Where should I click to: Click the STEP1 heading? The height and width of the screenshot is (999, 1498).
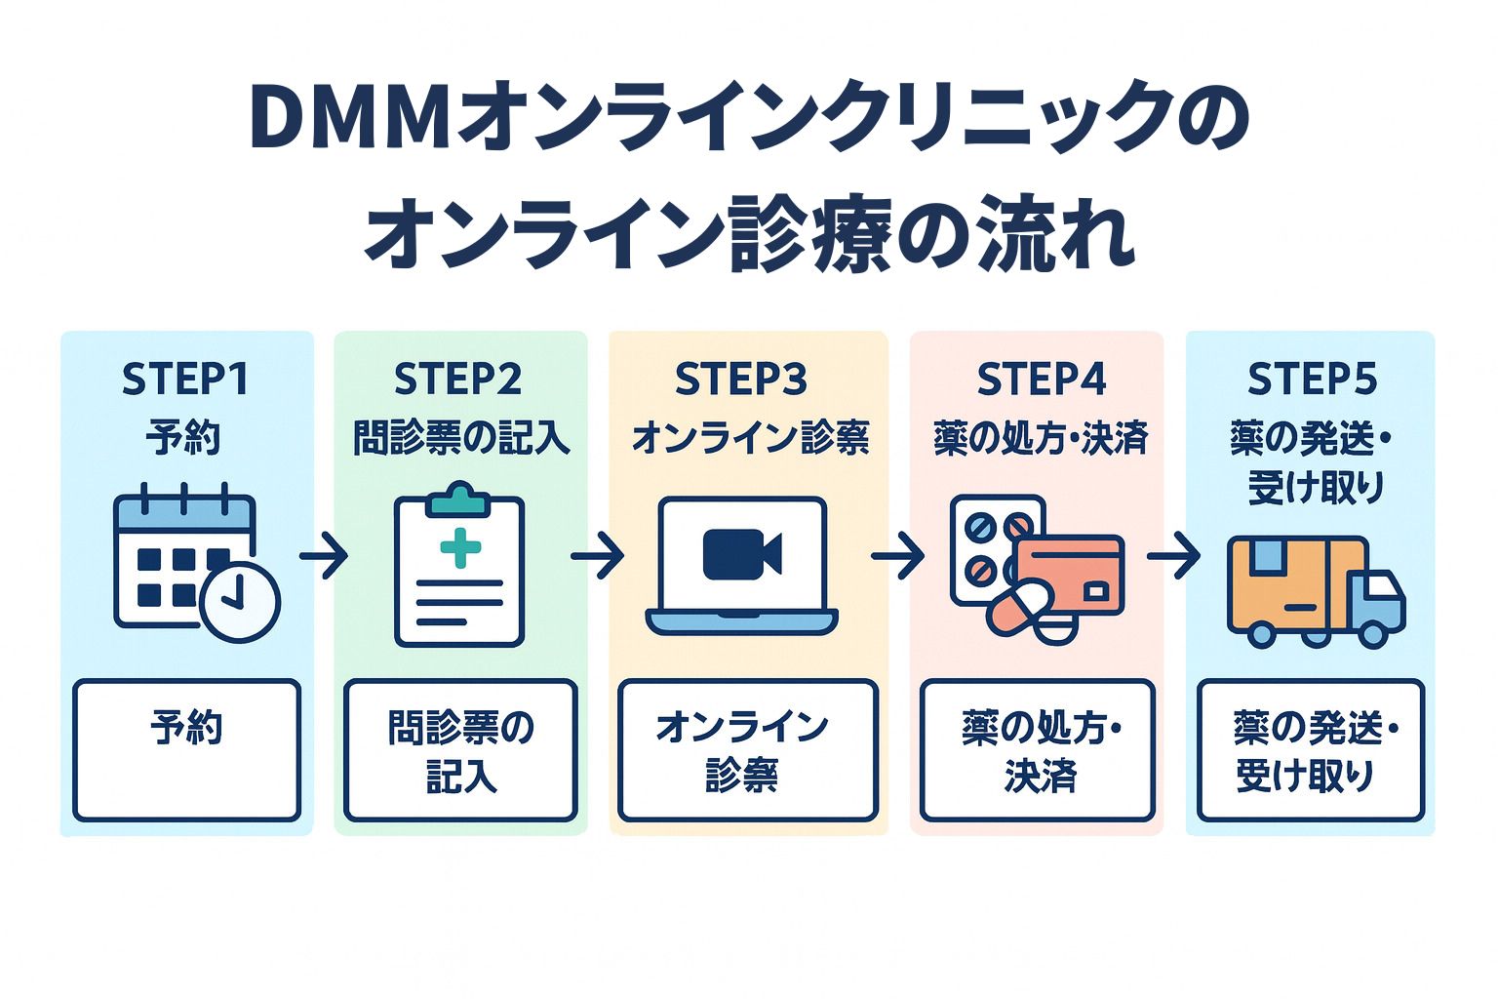coord(185,380)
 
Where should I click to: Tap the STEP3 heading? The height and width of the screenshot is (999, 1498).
coord(741,380)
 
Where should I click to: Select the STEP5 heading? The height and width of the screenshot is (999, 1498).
coord(1312,380)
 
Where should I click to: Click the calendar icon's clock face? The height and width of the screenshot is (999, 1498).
coord(240,601)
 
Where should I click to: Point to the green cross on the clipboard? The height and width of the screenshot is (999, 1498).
coord(460,547)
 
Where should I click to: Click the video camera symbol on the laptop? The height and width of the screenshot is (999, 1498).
coord(741,553)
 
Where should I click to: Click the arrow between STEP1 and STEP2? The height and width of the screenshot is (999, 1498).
coord(324,557)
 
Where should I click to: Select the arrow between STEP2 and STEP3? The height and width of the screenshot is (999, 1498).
coord(597,557)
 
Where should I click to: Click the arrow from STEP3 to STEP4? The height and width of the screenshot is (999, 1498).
coord(897,557)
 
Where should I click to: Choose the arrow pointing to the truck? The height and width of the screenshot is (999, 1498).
coord(1173,557)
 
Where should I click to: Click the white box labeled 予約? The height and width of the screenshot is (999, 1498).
coord(186,750)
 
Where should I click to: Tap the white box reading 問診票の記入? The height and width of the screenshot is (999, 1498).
coord(460,750)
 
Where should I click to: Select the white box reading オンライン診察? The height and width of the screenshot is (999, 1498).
coord(748,750)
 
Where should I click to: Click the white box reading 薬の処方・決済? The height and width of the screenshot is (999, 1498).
coord(1038,750)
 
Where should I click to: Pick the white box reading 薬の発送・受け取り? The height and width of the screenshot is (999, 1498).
coord(1311,750)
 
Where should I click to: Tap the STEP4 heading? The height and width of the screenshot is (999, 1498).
coord(1041,380)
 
